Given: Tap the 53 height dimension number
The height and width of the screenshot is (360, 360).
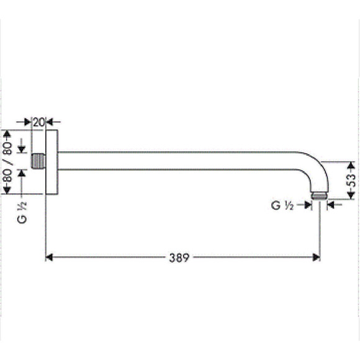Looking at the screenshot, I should pos(351,181).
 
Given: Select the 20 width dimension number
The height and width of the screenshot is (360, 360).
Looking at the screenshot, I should pos(38,122).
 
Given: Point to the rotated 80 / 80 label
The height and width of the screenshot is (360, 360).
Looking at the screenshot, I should pos(7,162).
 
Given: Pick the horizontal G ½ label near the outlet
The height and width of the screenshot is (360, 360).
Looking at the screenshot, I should pos(282,205).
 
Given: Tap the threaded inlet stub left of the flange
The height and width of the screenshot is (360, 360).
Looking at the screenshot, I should pos(39,161).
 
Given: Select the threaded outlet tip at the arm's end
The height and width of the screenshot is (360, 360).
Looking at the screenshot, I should pos(319,197).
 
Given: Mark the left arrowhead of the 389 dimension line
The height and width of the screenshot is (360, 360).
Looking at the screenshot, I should pos(50,257).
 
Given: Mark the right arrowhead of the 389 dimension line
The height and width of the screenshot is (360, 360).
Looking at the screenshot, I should pos(316,257).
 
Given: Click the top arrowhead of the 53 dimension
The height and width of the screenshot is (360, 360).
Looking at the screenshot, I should pos(351,165).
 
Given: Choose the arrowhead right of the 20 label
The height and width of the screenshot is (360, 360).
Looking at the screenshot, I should pos(50,122).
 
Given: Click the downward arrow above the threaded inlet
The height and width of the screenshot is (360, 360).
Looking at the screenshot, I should pos(22,149).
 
